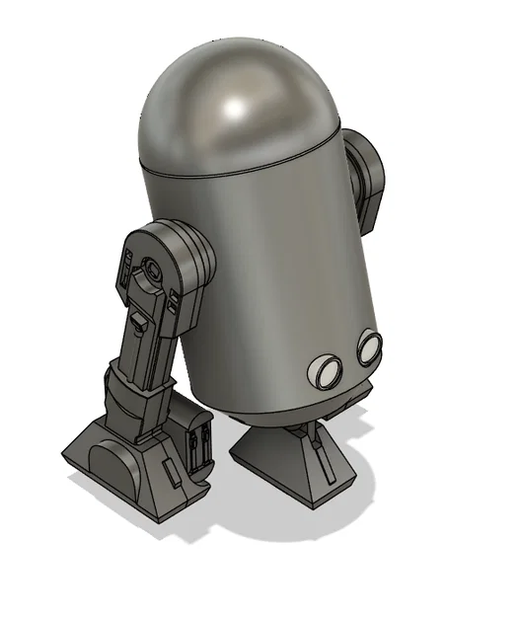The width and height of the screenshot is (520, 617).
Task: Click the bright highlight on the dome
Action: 240,104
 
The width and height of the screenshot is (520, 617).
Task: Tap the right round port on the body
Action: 369,347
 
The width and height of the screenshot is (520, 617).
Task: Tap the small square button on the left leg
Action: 140,321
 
